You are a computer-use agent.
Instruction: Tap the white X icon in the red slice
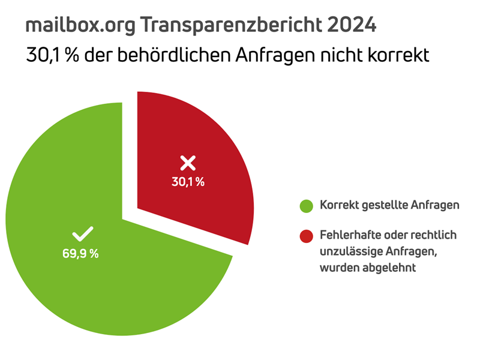[188, 162]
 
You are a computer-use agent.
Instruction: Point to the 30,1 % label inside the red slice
[188, 182]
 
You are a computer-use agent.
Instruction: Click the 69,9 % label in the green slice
[80, 253]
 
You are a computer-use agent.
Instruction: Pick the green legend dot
[307, 206]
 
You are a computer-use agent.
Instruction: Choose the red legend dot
[307, 235]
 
